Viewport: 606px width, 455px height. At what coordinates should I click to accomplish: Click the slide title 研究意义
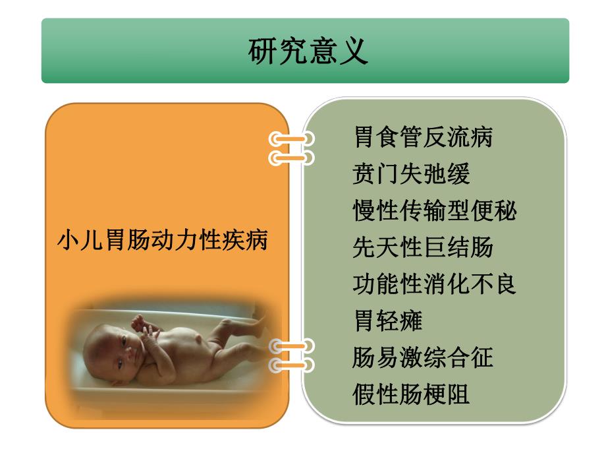(308, 51)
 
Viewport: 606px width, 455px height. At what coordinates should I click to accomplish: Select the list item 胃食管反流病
(423, 138)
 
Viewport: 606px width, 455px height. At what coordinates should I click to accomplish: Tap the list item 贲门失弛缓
(411, 175)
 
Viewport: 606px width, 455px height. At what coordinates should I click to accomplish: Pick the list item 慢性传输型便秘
(435, 211)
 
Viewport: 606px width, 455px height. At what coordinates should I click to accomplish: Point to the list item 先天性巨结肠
(423, 248)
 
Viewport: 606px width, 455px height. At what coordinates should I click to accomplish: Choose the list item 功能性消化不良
(435, 284)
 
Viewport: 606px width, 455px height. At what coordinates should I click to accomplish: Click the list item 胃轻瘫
(388, 321)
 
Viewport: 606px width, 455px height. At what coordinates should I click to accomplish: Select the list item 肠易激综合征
(423, 357)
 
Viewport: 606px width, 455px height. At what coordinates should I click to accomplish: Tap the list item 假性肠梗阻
(411, 394)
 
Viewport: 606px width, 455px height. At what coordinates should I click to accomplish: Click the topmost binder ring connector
(290, 139)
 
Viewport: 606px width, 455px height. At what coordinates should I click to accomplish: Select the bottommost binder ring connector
(290, 363)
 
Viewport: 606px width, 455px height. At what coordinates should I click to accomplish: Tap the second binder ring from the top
(290, 158)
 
